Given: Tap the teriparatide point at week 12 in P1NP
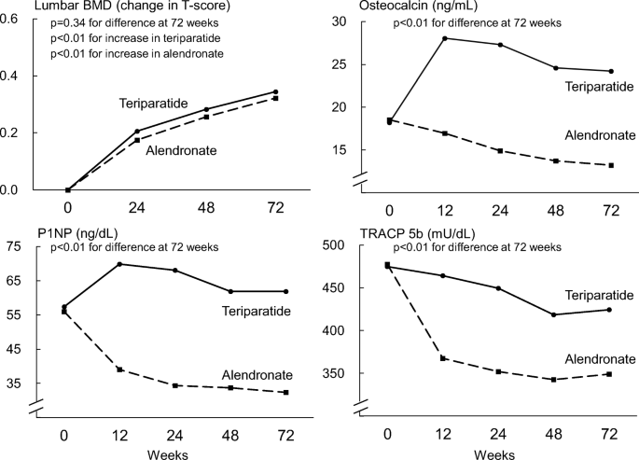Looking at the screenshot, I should point(118,264).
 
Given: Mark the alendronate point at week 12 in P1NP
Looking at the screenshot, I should point(118,369).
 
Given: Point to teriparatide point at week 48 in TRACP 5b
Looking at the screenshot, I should point(554,314).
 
